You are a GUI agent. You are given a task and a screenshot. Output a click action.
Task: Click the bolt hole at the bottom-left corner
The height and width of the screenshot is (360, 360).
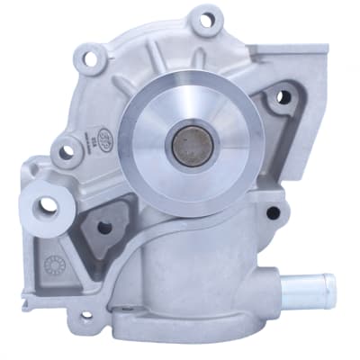pyautogui.click(x=86, y=316)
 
